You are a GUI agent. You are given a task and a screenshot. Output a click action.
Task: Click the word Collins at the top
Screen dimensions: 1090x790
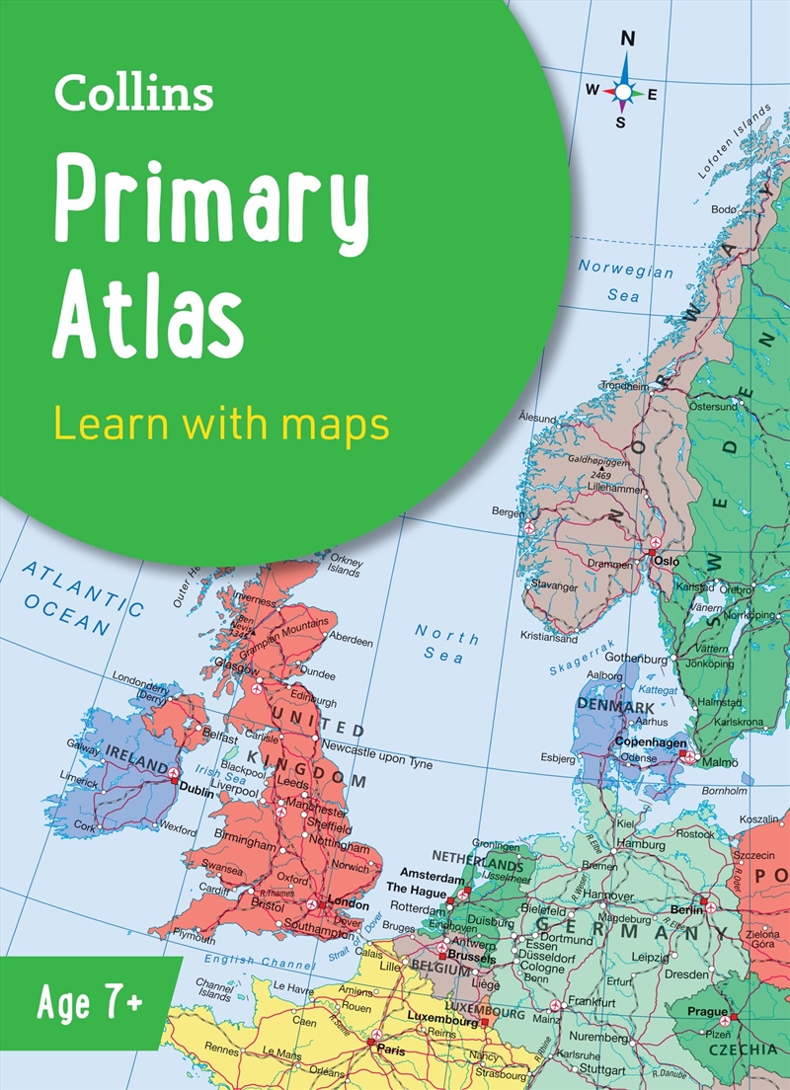(133, 94)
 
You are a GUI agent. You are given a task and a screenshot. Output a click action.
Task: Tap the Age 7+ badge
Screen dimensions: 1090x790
(90, 1003)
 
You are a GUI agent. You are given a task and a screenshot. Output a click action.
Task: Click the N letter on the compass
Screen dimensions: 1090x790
(625, 39)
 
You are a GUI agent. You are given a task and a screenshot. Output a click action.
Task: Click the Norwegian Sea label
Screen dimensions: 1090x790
(625, 281)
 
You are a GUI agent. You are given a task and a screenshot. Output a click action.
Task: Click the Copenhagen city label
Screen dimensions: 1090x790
(651, 741)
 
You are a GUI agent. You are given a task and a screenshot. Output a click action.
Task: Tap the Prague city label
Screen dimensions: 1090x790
(707, 1012)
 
